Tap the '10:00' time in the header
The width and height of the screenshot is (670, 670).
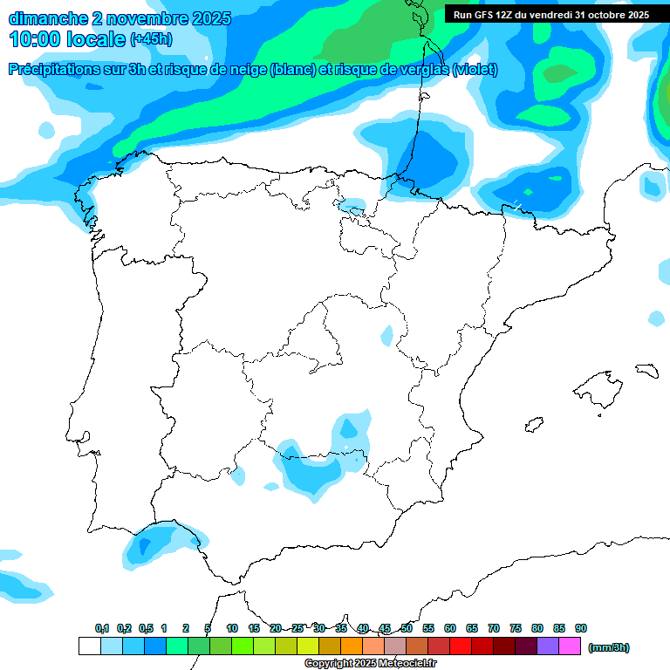click(34, 39)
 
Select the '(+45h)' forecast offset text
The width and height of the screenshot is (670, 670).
click(151, 39)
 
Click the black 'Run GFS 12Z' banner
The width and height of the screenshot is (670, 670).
click(550, 14)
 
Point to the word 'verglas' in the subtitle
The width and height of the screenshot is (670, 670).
click(420, 70)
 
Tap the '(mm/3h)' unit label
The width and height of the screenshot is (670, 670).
click(609, 647)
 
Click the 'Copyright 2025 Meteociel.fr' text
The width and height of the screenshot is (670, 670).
click(370, 664)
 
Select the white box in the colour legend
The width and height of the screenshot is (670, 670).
click(89, 646)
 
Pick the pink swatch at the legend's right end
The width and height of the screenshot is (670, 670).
click(570, 646)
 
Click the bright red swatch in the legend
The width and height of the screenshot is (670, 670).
click(461, 646)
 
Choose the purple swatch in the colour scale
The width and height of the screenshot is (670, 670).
click(548, 646)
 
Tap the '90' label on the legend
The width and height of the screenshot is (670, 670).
click(581, 628)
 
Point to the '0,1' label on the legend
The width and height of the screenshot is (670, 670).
click(102, 628)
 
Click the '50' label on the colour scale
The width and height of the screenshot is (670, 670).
click(407, 628)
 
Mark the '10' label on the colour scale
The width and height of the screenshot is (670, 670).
click(232, 628)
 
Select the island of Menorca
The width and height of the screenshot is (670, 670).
click(646, 371)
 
